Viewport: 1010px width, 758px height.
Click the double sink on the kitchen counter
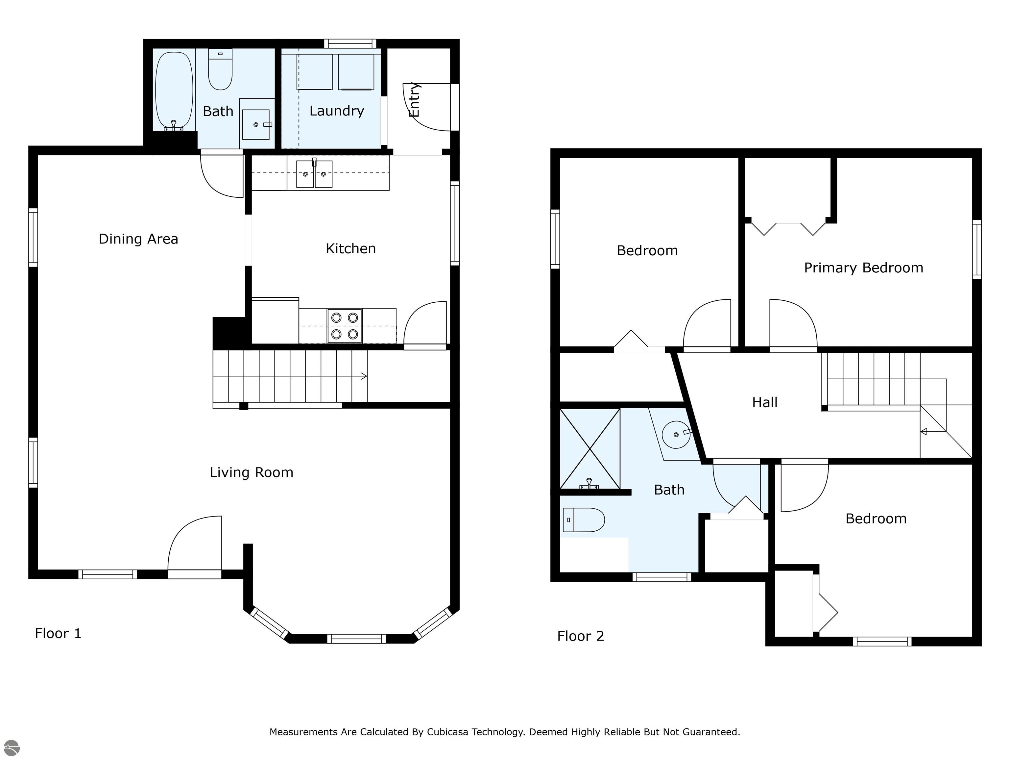pyautogui.click(x=314, y=174)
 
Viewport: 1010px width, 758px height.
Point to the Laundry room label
pyautogui.click(x=337, y=111)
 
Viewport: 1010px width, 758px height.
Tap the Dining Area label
pyautogui.click(x=138, y=239)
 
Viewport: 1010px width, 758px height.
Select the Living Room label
pyautogui.click(x=252, y=472)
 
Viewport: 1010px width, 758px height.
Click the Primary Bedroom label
pyautogui.click(x=863, y=268)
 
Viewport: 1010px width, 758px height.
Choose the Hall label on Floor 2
pyautogui.click(x=765, y=403)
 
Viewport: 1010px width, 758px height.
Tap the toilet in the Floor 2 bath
pyautogui.click(x=584, y=520)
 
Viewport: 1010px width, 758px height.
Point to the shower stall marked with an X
pyautogui.click(x=590, y=449)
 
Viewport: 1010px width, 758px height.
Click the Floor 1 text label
pyautogui.click(x=58, y=634)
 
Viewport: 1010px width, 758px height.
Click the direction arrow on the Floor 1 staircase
pyautogui.click(x=364, y=376)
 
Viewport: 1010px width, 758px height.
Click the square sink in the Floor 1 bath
pyautogui.click(x=256, y=124)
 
